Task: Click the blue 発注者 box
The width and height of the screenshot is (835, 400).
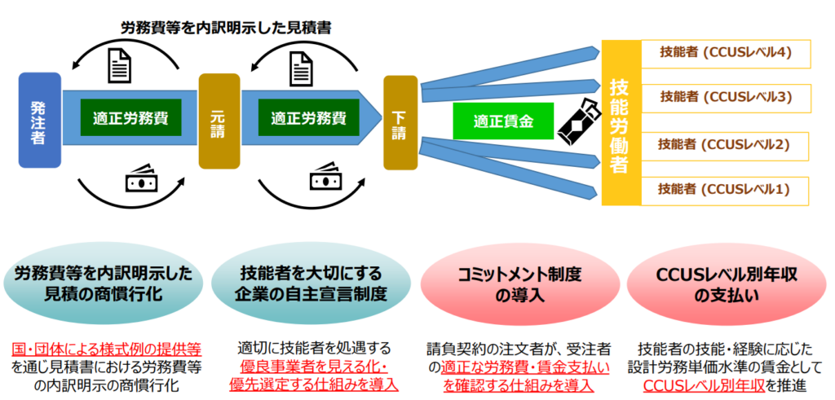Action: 39,120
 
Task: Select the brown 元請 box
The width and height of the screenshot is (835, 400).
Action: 219,121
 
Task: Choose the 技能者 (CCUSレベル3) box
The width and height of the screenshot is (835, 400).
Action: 726,97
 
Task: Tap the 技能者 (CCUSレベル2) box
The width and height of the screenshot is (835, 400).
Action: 726,145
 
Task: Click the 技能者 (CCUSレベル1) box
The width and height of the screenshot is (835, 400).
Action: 726,190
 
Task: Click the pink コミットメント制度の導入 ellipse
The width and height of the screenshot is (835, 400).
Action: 519,286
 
